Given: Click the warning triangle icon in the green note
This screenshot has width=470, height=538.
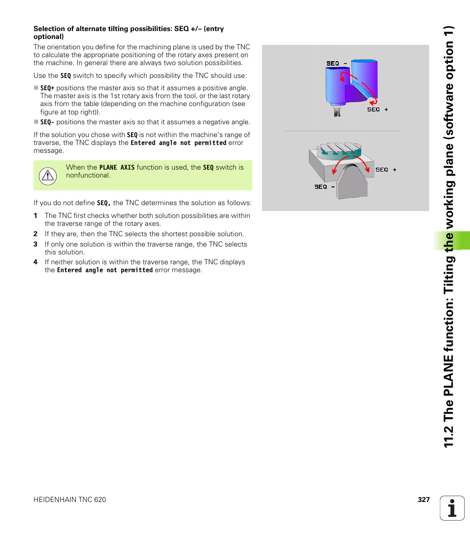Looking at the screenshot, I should point(48,176).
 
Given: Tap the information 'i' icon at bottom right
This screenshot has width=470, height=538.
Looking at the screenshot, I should point(452,508).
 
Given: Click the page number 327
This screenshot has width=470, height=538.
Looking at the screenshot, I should point(424,500).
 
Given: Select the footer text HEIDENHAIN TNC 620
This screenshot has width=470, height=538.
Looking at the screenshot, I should point(69,500).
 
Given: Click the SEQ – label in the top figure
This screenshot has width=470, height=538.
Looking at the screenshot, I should point(336,63).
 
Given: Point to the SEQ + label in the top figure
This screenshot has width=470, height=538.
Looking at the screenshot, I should point(377,109).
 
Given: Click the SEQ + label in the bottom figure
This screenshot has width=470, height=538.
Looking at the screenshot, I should point(386,170).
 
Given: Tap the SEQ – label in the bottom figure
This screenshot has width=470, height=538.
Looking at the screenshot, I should point(325,187).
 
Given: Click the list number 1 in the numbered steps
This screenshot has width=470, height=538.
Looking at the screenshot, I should point(35,215).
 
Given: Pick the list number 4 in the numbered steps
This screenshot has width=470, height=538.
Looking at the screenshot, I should point(35,262).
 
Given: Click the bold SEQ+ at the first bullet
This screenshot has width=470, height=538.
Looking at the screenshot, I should point(47,88).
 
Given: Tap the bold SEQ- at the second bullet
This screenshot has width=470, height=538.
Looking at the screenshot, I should point(47,122).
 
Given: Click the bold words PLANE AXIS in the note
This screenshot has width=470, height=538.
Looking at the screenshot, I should point(117,168).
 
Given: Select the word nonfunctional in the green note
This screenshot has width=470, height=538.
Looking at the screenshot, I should point(88,175).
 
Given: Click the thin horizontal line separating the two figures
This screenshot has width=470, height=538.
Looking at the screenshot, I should point(342,131).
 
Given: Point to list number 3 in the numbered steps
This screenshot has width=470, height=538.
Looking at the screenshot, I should point(35,244).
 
